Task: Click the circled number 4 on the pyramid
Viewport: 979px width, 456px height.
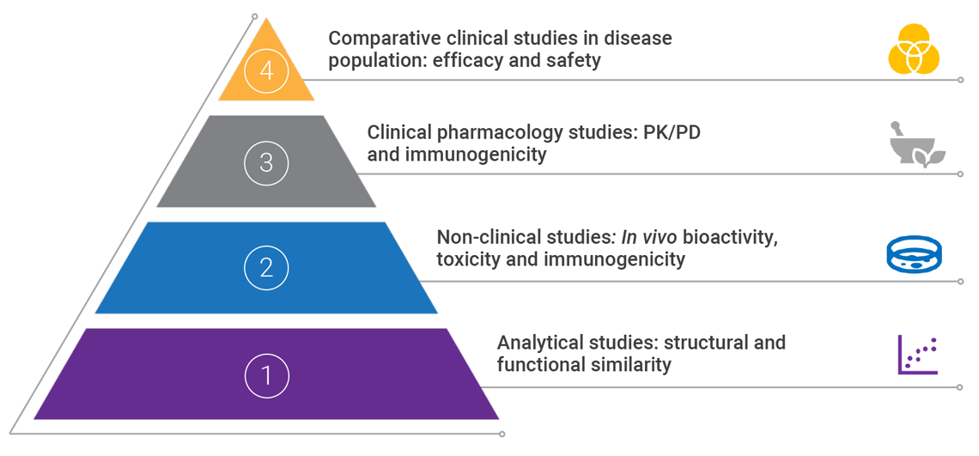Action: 266,72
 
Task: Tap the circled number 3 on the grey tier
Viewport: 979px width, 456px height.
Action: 266,161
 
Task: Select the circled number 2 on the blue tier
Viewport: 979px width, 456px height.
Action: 266,267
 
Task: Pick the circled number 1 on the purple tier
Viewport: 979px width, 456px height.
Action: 266,374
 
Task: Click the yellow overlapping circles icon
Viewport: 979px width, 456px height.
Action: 914,49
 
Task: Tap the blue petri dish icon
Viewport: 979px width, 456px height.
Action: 914,254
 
